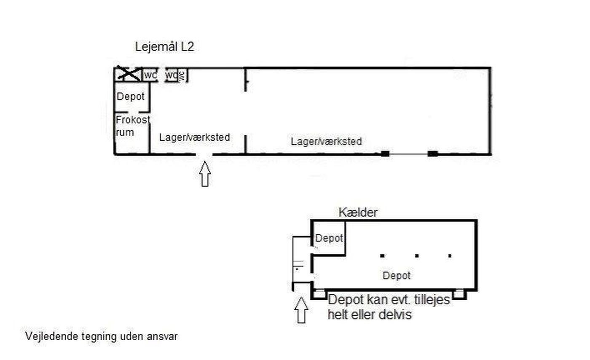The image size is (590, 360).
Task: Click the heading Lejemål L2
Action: [164, 47]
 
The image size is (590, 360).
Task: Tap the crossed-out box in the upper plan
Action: [129, 73]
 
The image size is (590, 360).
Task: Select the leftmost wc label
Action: [150, 75]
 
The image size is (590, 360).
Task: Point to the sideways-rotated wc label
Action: [182, 75]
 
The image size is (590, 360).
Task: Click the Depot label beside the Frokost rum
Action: [131, 97]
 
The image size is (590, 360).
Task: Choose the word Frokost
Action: [133, 120]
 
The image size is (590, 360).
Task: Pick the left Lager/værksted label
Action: [194, 137]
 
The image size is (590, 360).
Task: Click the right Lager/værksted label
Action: [326, 142]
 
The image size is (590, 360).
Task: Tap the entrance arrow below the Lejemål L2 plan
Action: [205, 174]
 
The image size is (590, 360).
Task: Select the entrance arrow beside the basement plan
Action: [301, 310]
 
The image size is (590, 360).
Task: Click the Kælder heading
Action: [358, 212]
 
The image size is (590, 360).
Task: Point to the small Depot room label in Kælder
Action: [329, 238]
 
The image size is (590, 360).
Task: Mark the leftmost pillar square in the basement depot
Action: [382, 255]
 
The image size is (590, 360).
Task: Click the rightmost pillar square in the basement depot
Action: [450, 255]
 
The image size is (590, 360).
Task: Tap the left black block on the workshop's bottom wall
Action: [385, 153]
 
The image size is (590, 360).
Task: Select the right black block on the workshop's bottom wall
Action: [432, 153]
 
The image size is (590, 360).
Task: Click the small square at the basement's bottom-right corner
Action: [459, 294]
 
